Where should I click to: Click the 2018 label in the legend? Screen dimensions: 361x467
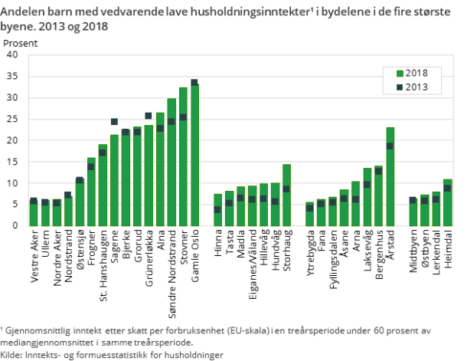pos(417,73)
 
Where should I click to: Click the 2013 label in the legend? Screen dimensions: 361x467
pos(417,87)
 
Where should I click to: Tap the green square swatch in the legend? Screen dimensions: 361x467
pos(399,74)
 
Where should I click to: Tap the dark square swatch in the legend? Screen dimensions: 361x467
pos(399,87)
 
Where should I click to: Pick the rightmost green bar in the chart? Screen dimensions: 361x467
pos(447,203)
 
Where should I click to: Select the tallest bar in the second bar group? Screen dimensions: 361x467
pos(286,195)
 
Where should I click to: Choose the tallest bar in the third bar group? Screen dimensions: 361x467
pos(390,177)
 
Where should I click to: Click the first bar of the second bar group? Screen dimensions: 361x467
pos(217,211)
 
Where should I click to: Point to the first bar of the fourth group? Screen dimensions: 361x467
pos(413,212)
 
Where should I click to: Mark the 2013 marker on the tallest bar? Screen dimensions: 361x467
pos(194,83)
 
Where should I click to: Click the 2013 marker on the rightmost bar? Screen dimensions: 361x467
pos(447,188)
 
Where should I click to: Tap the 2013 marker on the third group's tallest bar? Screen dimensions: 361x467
pos(390,146)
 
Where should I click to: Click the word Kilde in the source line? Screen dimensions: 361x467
pos(11,355)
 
